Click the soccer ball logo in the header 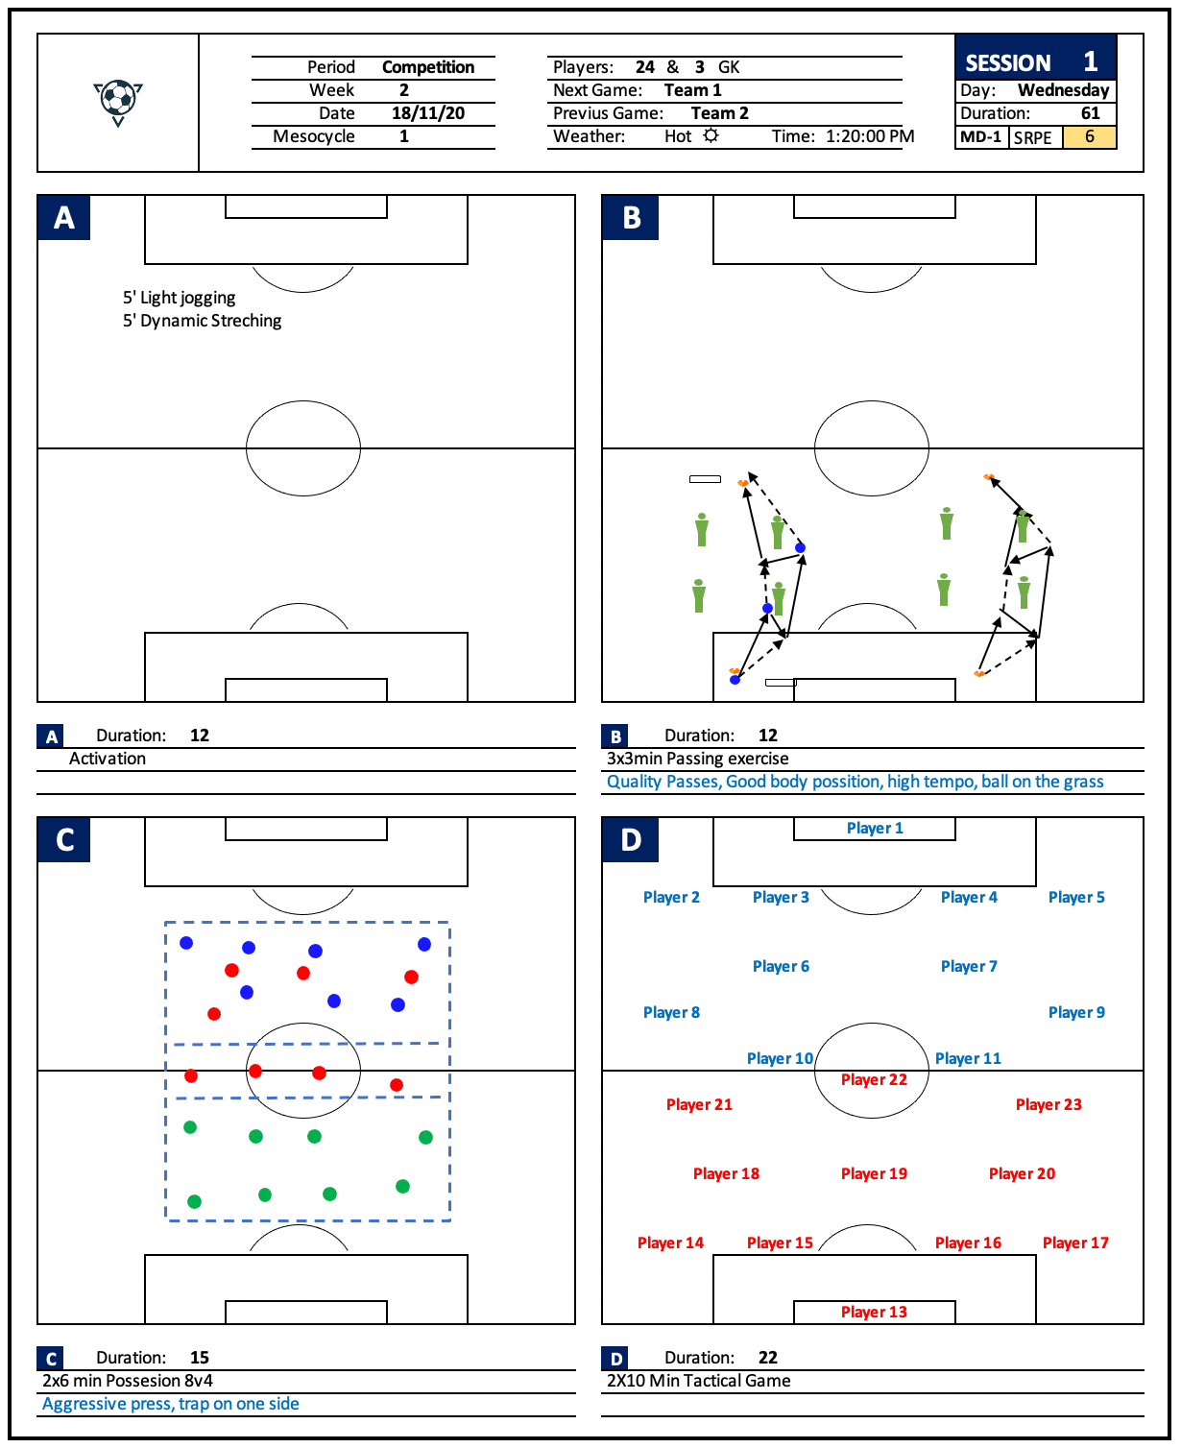(x=118, y=101)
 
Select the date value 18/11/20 (x=427, y=113)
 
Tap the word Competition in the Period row (x=428, y=67)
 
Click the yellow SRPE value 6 (x=1089, y=137)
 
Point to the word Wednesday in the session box (x=1063, y=90)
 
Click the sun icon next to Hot (x=711, y=135)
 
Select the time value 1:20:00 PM (x=870, y=136)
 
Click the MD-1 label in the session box (x=980, y=137)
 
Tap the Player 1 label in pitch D (x=875, y=829)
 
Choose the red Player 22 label (x=874, y=1080)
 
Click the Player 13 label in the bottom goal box (x=874, y=1313)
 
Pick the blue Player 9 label (x=1076, y=1013)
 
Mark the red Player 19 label (x=874, y=1174)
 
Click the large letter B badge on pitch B (x=631, y=218)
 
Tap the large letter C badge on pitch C (x=64, y=840)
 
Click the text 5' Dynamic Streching (x=202, y=321)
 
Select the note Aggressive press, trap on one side (x=171, y=1404)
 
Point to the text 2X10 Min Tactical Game (x=699, y=1381)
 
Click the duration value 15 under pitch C (x=200, y=1358)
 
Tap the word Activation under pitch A (x=108, y=759)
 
